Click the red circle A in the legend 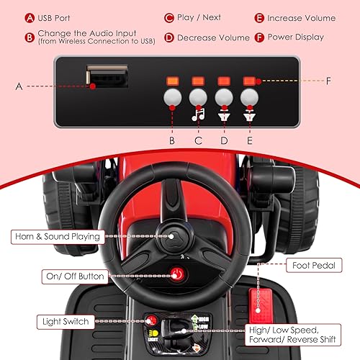(30, 17)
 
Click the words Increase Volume (301, 17)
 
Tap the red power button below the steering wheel (174, 273)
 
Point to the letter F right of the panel (328, 81)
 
